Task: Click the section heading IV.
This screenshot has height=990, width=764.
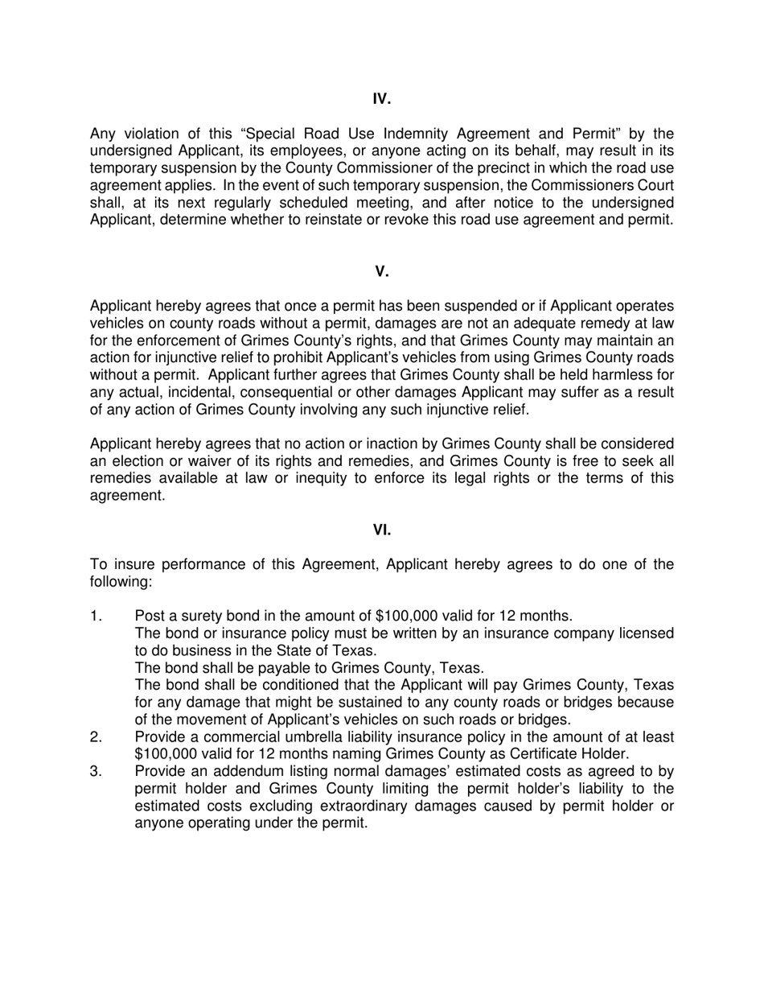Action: [x=382, y=99]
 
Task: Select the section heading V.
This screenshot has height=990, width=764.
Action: [x=382, y=271]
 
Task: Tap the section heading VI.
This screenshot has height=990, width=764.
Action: [x=382, y=530]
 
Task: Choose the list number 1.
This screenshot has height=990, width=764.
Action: [x=97, y=617]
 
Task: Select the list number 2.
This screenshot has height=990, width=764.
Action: [x=97, y=737]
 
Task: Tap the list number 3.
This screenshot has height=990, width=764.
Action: [x=97, y=772]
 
